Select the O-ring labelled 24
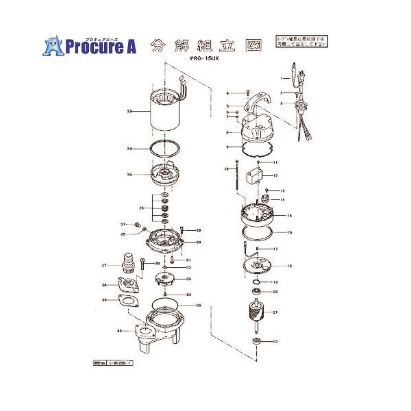tap(164, 149)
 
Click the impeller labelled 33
tap(163, 279)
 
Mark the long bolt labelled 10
tap(236, 177)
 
